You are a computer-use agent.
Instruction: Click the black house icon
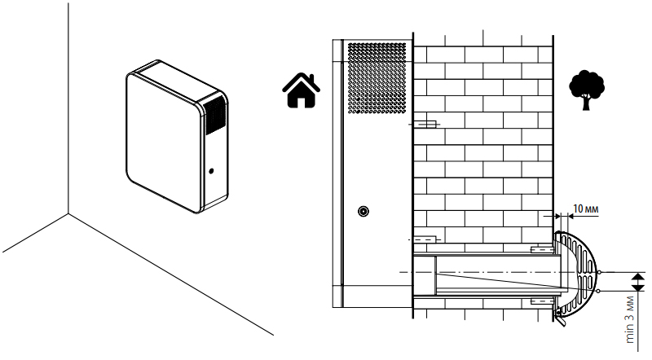(x=301, y=90)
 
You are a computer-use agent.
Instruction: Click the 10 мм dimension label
(x=585, y=209)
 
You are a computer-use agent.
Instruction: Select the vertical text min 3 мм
(x=630, y=319)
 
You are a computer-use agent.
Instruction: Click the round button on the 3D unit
(x=211, y=171)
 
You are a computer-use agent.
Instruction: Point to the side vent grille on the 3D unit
(x=215, y=115)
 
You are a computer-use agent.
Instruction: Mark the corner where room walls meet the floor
(x=68, y=213)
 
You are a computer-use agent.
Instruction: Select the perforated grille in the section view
(x=377, y=77)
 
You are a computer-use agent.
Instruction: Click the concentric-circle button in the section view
(x=363, y=212)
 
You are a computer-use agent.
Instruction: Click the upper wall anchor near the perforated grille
(x=423, y=124)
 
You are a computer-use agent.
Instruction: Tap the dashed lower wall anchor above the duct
(x=423, y=239)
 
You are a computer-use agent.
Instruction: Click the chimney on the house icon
(x=314, y=78)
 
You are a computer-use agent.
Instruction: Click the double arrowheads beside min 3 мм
(x=637, y=282)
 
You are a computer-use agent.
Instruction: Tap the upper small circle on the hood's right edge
(x=599, y=272)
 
